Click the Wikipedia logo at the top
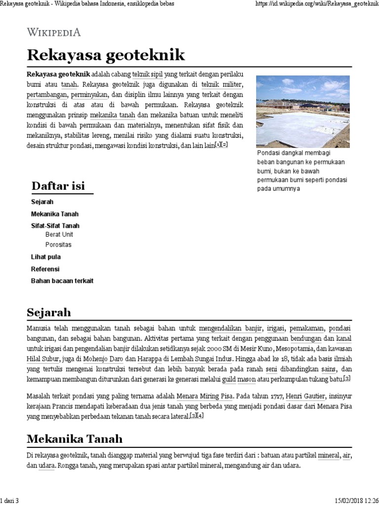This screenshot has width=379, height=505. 54,33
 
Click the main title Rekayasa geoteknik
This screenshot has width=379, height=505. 106,55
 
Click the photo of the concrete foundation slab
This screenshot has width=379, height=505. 303,111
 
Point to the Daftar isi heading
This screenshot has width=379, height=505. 58,186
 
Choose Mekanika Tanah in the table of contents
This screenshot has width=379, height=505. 54,214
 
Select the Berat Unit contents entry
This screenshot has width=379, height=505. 59,235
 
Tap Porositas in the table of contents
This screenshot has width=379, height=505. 58,245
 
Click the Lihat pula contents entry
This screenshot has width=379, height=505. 46,257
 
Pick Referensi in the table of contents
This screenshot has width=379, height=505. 45,269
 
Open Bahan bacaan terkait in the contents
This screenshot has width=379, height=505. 62,281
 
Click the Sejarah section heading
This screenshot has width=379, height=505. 49,312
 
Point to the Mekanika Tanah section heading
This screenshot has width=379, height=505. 75,439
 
